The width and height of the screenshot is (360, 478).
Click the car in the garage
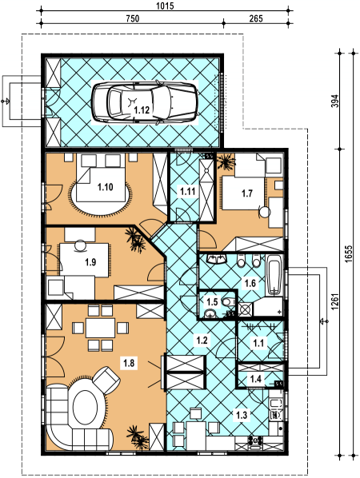(145, 102)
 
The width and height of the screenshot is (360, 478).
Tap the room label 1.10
(106, 187)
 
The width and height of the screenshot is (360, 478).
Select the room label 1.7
(247, 193)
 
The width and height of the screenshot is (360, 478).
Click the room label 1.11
(188, 192)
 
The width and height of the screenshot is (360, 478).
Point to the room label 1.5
(212, 302)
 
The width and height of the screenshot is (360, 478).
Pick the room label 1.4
(255, 379)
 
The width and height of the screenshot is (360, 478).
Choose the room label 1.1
(258, 344)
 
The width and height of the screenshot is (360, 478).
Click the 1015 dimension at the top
(166, 6)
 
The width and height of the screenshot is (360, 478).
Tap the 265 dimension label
(256, 18)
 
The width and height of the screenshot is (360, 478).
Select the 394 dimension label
(334, 101)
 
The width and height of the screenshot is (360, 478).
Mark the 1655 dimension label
(350, 253)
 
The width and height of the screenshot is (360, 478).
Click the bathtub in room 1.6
(274, 275)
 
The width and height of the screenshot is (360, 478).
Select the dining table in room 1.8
(100, 328)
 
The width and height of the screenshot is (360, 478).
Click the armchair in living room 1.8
(106, 379)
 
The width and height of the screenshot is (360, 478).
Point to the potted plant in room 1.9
(135, 240)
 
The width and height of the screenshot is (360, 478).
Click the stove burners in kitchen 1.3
(255, 440)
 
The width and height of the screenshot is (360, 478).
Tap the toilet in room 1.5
(228, 302)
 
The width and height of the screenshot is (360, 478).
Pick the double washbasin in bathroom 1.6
(217, 259)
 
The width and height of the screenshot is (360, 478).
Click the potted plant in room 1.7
(226, 161)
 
